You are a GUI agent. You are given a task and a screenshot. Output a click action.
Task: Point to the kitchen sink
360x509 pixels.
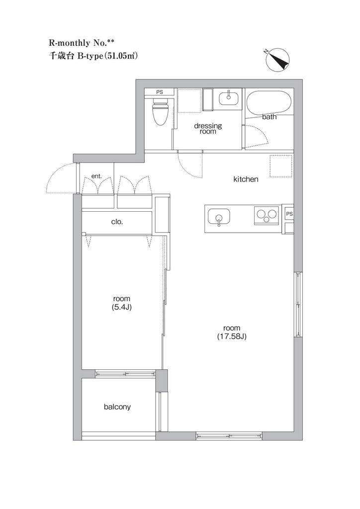(x=218, y=217)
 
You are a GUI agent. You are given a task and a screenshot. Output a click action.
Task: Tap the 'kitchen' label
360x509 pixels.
(x=246, y=179)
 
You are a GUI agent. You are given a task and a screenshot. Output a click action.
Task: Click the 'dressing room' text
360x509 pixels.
(x=208, y=128)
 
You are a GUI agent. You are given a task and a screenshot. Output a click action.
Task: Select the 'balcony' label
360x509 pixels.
(x=117, y=407)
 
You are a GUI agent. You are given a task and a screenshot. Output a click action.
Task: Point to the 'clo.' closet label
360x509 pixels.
(x=117, y=222)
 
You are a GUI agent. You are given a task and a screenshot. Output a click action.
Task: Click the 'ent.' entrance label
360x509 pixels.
(x=97, y=176)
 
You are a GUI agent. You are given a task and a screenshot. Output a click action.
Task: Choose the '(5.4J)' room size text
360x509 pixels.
(x=121, y=307)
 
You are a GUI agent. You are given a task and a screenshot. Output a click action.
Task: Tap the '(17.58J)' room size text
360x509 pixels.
(x=232, y=337)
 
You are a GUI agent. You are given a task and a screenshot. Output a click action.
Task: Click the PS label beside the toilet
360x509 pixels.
(x=160, y=92)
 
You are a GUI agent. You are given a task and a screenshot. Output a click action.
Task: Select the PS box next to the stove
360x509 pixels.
(x=289, y=214)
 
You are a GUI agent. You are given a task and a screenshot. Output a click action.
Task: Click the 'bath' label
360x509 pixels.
(x=269, y=117)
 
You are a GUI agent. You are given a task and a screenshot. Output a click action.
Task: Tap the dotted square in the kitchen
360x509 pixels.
(x=281, y=166)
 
